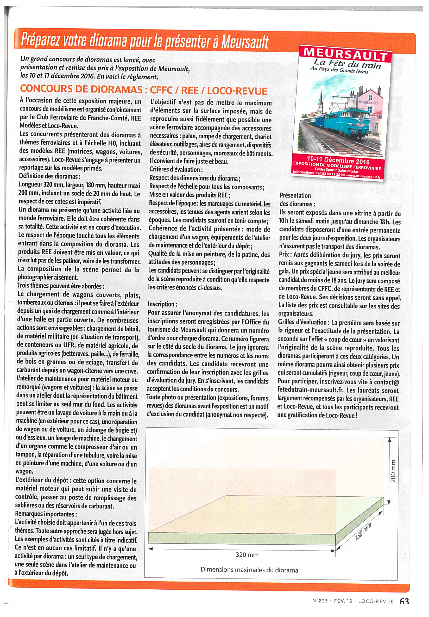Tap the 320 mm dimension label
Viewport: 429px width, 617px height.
(x=247, y=555)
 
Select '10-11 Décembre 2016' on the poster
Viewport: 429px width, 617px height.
(x=338, y=160)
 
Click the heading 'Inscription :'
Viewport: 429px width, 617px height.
(x=162, y=304)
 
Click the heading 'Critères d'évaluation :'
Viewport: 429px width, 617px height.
(x=176, y=170)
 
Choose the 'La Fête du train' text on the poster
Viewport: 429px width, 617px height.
(x=347, y=64)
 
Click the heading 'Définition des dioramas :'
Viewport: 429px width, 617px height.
(x=49, y=176)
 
